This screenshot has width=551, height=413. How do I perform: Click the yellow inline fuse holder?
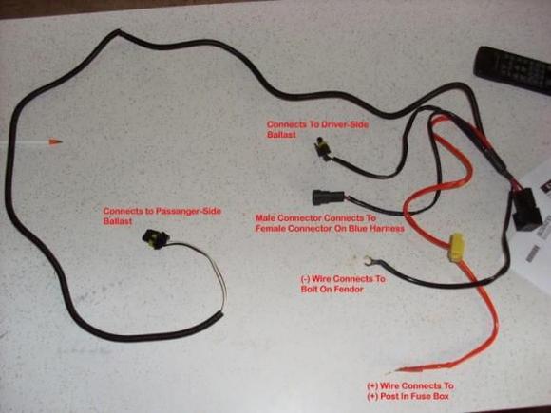coord(456,247)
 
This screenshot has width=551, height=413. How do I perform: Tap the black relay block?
coord(526,209)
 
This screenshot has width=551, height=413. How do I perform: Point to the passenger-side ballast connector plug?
coord(155,239)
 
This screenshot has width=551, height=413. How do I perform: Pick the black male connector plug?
coord(328,197)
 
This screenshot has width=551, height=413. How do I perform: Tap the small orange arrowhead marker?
coord(55,141)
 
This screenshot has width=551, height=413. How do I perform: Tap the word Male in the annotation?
coord(265,218)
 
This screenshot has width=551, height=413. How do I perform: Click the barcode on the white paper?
coord(533,253)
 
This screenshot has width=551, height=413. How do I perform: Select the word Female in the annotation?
coord(270,229)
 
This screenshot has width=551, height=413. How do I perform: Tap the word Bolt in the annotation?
coord(309,289)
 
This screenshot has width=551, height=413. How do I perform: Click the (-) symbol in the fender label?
coord(305,279)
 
